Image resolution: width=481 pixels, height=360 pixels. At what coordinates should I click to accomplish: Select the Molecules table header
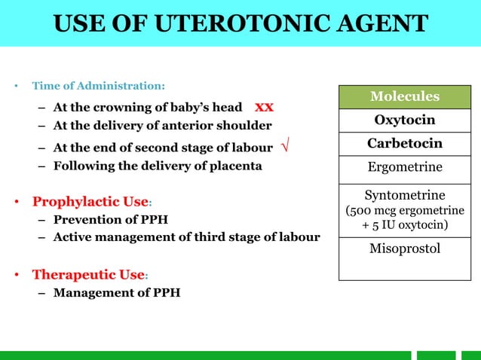pos(404,96)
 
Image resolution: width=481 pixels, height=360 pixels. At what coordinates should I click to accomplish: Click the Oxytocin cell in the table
pos(404,121)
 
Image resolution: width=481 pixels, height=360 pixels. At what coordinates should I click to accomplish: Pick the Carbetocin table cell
pos(404,143)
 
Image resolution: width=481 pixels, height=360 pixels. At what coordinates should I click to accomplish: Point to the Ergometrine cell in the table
pos(404,167)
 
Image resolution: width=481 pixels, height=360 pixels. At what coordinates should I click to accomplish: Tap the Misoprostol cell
pos(404,248)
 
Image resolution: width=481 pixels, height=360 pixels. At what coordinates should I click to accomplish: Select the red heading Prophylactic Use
pos(89,202)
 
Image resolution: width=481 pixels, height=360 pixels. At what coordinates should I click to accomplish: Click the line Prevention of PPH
pos(111,220)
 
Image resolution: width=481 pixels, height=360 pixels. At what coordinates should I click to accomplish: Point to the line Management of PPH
pos(117,291)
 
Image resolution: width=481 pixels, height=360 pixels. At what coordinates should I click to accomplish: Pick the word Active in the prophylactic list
pos(72,237)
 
